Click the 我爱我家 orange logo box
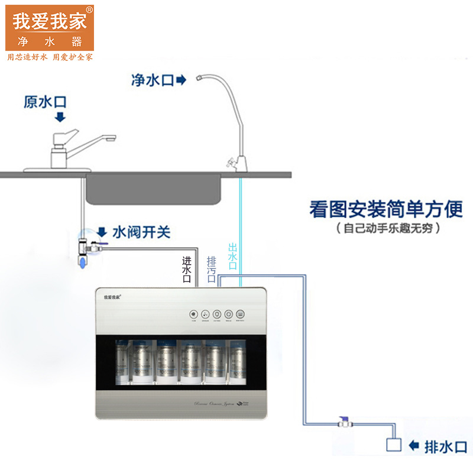point(50,27)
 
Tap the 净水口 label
point(152,79)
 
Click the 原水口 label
point(45,102)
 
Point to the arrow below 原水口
point(60,117)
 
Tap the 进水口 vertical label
point(187,270)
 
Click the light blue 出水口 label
point(232,257)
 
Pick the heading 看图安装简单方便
point(385,210)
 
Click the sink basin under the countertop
point(154,189)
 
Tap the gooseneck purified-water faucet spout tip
point(202,80)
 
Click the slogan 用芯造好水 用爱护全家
point(50,57)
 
